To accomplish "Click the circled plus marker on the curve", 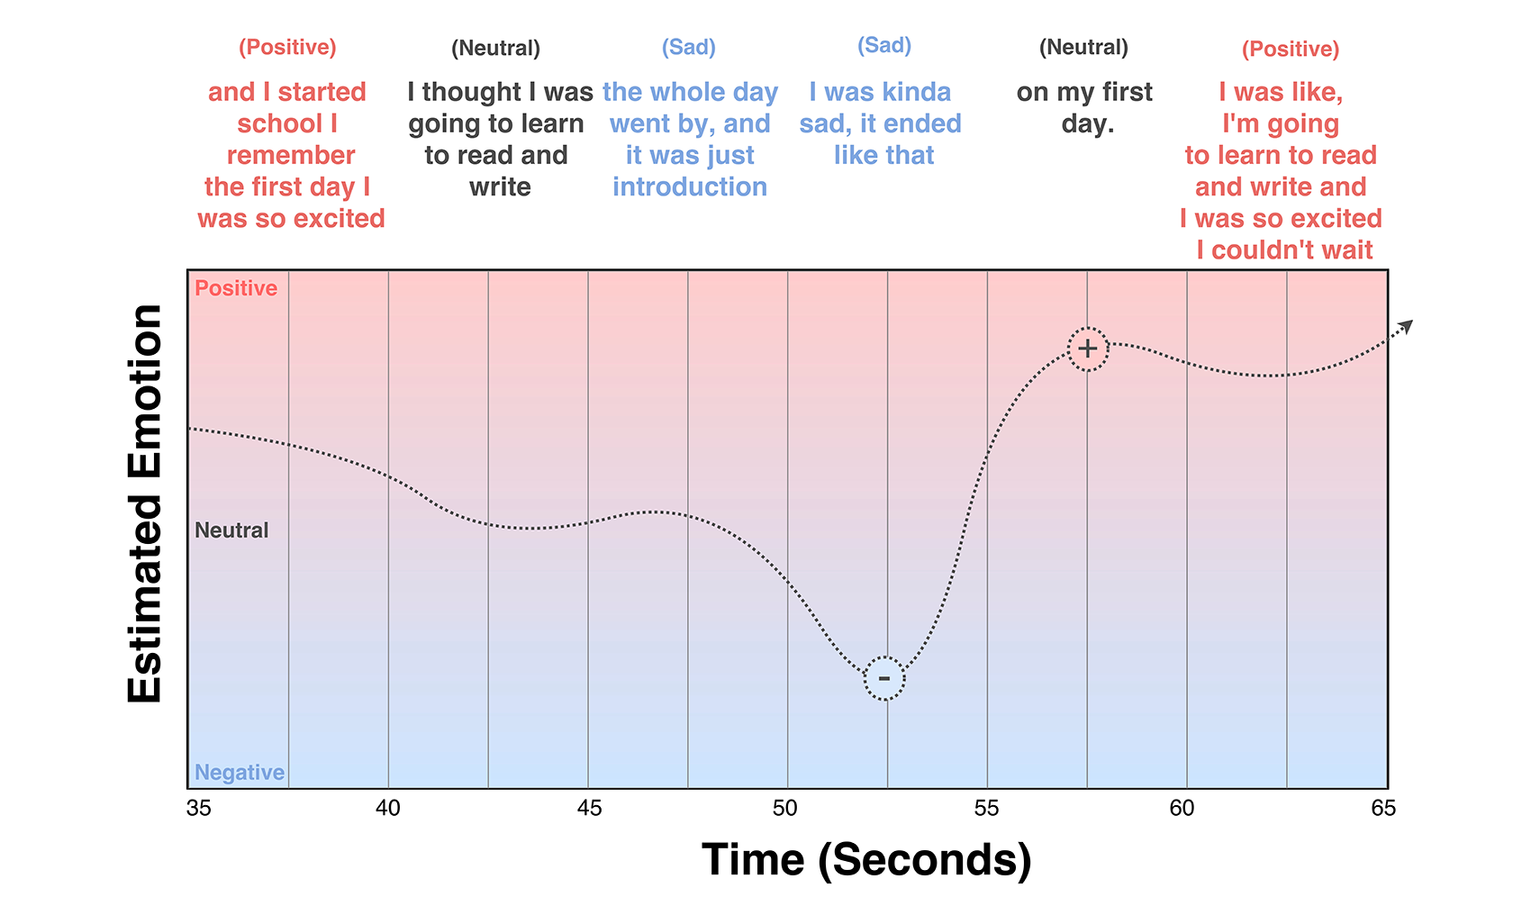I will coord(1088,349).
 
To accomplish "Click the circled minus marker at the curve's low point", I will coord(884,678).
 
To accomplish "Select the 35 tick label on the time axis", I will coord(199,808).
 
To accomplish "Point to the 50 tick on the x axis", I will coord(785,808).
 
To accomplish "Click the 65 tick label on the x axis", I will coord(1383,808).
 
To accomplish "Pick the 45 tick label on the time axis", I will coord(589,808).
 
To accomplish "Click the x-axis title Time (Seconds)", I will coord(866,859).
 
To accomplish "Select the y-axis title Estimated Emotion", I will coord(145,503).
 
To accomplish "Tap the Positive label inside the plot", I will coord(236,288).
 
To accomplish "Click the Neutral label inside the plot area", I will coord(231,530).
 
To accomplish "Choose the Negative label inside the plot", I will coord(240,773).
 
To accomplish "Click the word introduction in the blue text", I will coord(690,186).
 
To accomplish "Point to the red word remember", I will coord(291,155).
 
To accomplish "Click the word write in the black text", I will coord(500,186).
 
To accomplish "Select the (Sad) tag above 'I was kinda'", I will coord(884,45).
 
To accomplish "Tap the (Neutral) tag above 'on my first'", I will coord(1083,47).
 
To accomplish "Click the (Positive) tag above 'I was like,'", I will coord(1291,49).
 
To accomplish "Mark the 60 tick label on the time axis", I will coord(1182,808).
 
